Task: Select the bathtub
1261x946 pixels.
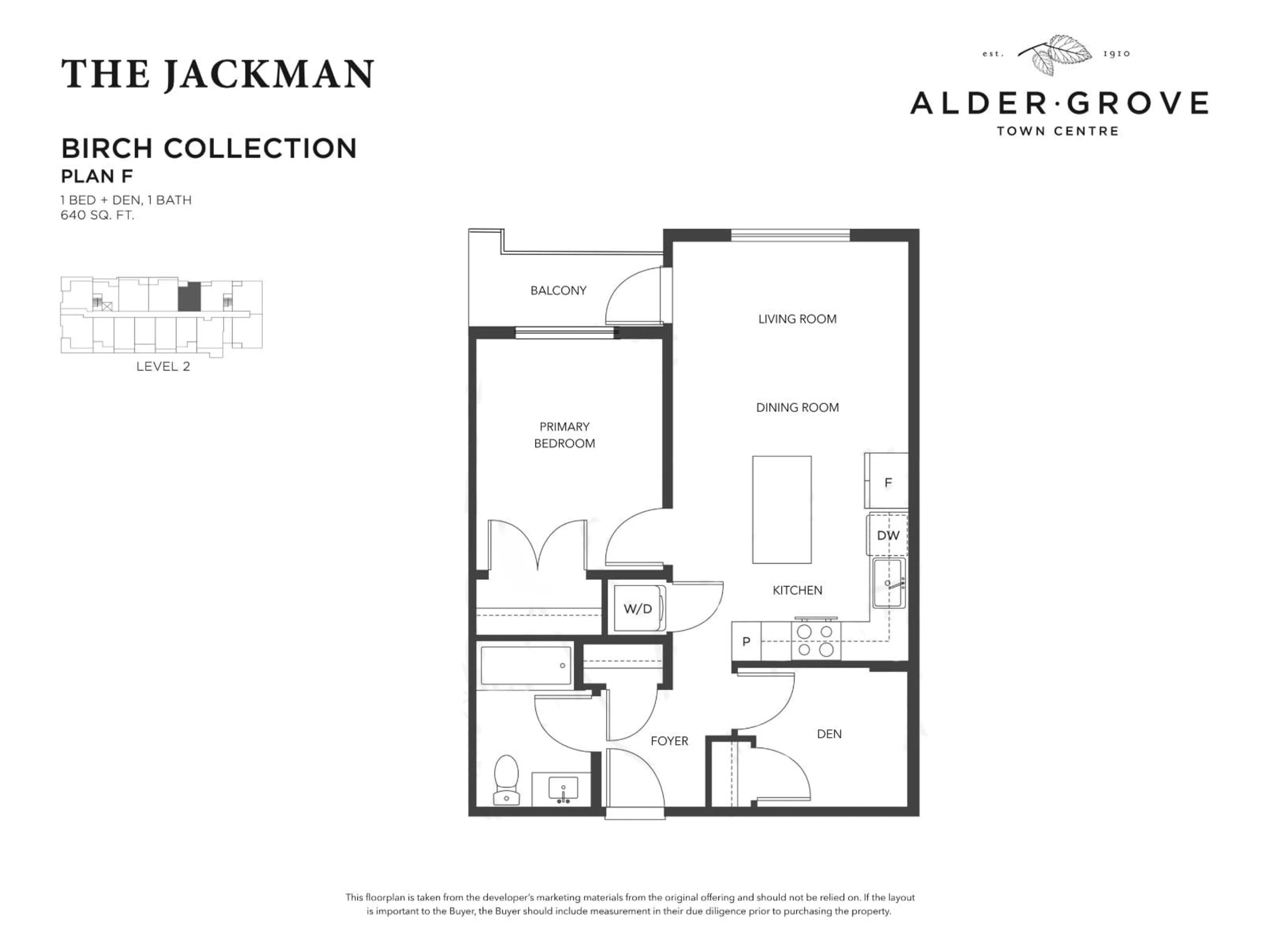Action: pos(526,665)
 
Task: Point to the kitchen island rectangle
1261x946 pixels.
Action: pos(782,509)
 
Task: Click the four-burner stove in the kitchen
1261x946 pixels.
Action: pos(815,641)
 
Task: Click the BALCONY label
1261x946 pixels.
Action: pos(558,291)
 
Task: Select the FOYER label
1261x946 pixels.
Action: pos(669,741)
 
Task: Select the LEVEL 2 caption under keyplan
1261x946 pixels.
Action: pos(163,367)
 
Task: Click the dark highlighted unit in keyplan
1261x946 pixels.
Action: pos(189,297)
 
